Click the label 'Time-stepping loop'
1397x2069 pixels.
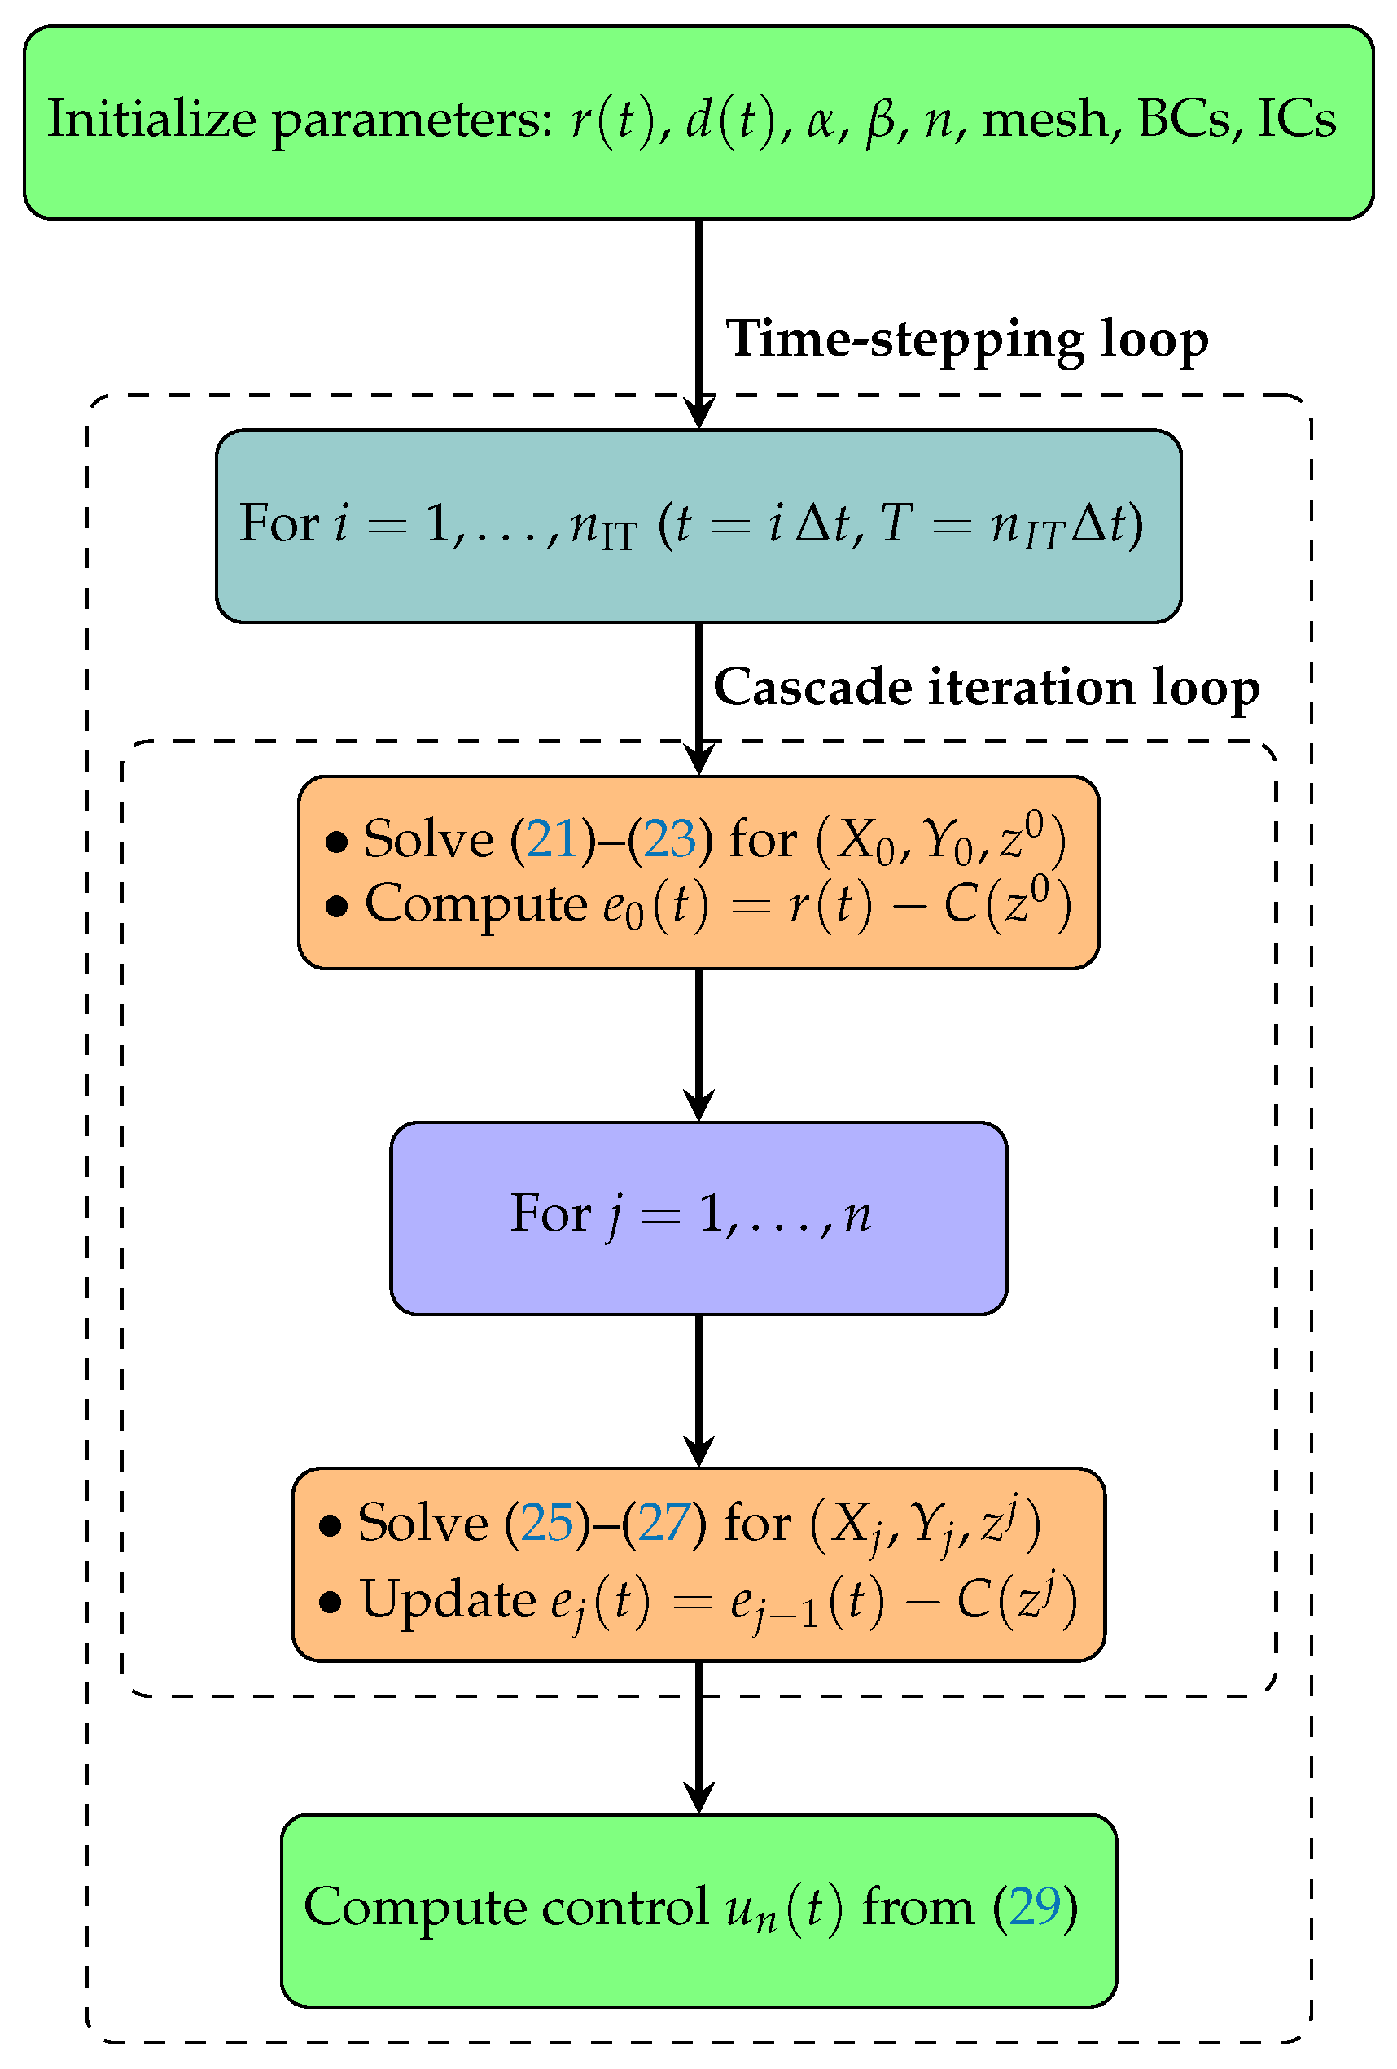tap(966, 339)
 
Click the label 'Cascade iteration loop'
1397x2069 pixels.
tap(986, 687)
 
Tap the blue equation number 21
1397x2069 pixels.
tap(552, 838)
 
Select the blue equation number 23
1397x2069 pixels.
tap(669, 838)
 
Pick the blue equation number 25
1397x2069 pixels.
tap(547, 1522)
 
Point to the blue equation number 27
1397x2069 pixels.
tap(664, 1522)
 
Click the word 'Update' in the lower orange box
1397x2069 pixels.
tap(448, 1600)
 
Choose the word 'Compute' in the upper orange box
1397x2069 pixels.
tap(475, 905)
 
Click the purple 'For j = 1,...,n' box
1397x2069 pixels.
tap(698, 1217)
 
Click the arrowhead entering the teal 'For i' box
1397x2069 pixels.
tap(699, 414)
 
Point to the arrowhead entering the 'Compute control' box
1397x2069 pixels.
tap(699, 1798)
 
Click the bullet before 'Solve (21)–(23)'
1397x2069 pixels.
tap(335, 842)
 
